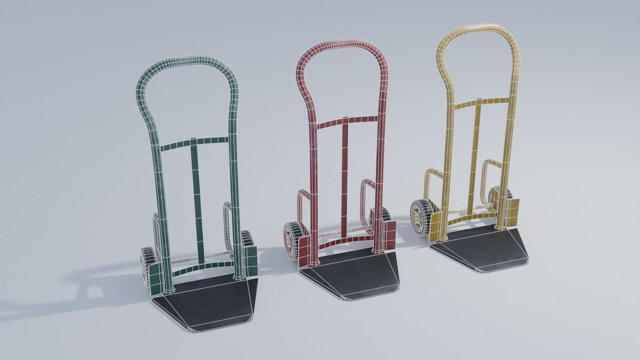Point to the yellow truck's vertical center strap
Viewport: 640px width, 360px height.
475,150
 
